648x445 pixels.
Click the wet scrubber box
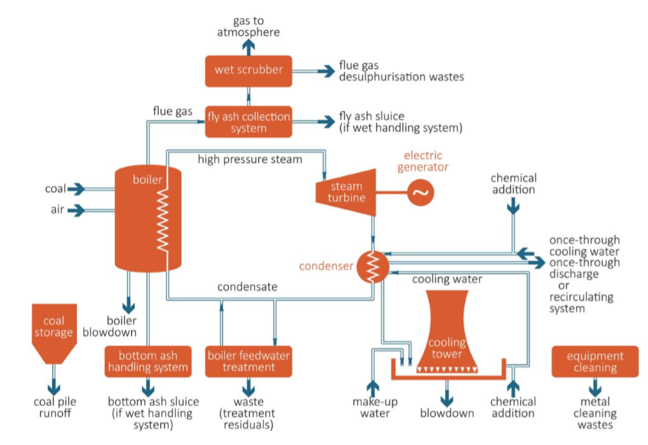pyautogui.click(x=248, y=70)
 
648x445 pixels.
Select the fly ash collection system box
pyautogui.click(x=248, y=122)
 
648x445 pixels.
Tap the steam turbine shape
pyautogui.click(x=345, y=192)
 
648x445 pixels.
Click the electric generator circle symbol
pyautogui.click(x=421, y=193)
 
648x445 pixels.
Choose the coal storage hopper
pyautogui.click(x=53, y=332)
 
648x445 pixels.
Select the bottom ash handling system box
pyautogui.click(x=148, y=361)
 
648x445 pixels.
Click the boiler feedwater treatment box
pyautogui.click(x=248, y=361)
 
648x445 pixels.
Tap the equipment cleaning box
pyautogui.click(x=595, y=361)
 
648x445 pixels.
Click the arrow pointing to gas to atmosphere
pyautogui.click(x=248, y=47)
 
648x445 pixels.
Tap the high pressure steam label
pyautogui.click(x=250, y=160)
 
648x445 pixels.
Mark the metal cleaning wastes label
pyautogui.click(x=595, y=413)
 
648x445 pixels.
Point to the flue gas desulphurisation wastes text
pyautogui.click(x=401, y=71)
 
